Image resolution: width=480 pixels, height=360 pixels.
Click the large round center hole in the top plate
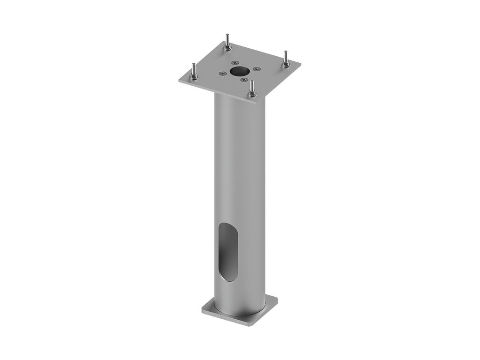pyautogui.click(x=239, y=70)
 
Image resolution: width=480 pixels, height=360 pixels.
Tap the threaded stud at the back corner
pyautogui.click(x=227, y=41)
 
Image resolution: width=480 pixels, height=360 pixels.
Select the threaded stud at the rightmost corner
pyautogui.click(x=285, y=59)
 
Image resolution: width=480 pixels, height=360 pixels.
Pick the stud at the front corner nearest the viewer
pyautogui.click(x=253, y=89)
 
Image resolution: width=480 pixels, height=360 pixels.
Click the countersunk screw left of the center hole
pyautogui.click(x=222, y=73)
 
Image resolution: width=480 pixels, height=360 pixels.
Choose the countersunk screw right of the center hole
pyautogui.click(x=256, y=69)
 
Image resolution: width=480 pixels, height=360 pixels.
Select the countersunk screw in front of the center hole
pyautogui.click(x=243, y=80)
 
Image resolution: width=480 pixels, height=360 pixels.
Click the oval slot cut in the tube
pyautogui.click(x=228, y=252)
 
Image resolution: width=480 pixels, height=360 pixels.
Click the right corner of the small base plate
pyautogui.click(x=278, y=297)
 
